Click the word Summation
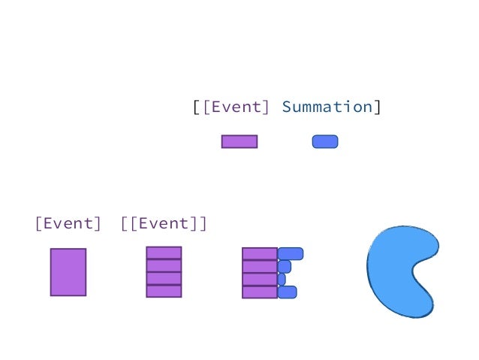click(327, 107)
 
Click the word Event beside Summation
click(236, 107)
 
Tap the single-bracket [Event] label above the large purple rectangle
click(68, 223)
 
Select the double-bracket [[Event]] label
click(163, 223)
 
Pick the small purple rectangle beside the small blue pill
click(239, 141)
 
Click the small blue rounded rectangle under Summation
click(325, 141)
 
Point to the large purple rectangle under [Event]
click(68, 272)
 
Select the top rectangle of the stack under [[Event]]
click(164, 253)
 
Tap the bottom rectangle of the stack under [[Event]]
click(164, 291)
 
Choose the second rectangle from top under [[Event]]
click(164, 265)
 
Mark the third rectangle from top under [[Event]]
click(164, 278)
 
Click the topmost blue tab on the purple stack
click(291, 253)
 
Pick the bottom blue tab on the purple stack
click(288, 292)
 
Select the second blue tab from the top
click(285, 266)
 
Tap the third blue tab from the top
click(282, 279)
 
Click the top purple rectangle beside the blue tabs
click(260, 253)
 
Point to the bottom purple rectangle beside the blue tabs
click(260, 292)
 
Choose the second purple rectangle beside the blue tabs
click(260, 266)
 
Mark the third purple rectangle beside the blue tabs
click(260, 279)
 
